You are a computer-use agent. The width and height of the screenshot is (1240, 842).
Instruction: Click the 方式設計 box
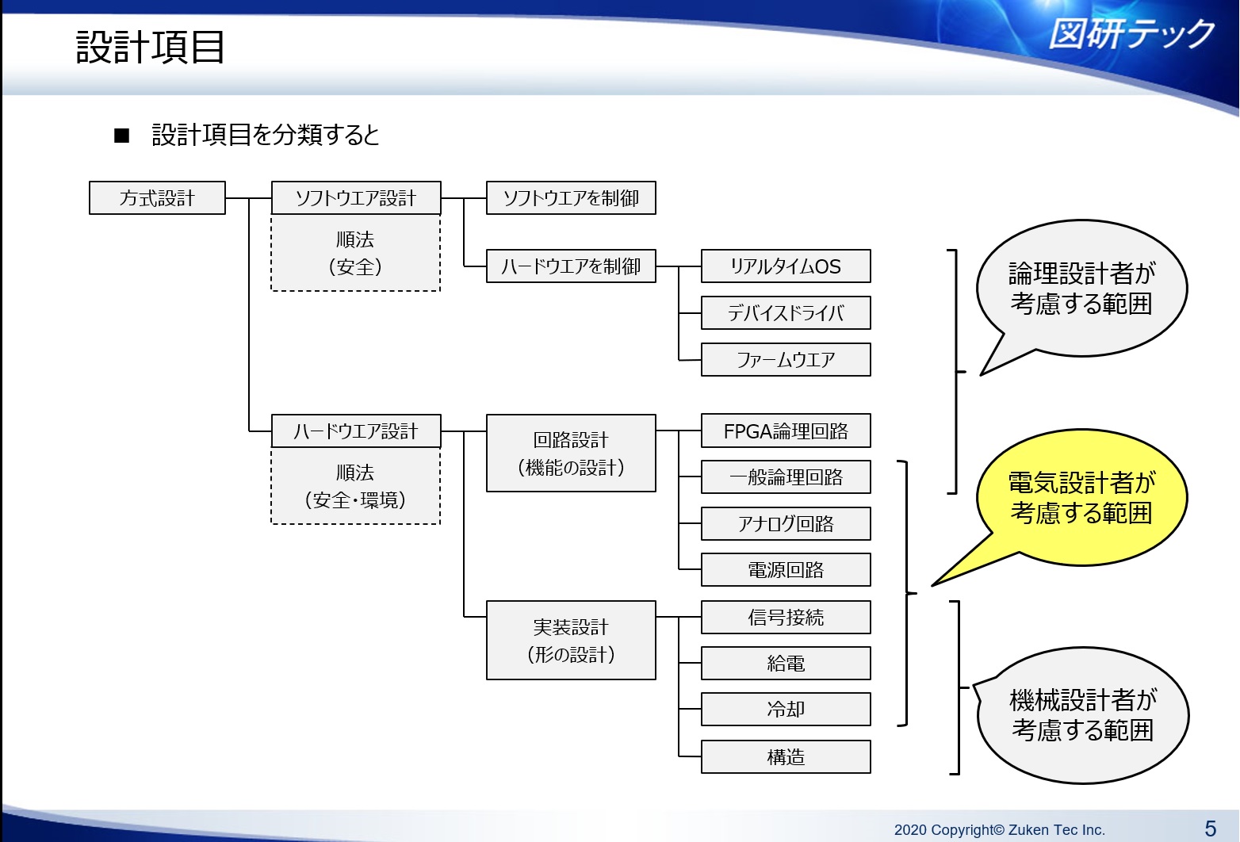coord(157,198)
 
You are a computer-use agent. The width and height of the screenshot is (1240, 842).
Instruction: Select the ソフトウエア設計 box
coord(356,198)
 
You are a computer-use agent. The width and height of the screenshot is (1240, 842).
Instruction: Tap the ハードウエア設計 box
coord(356,431)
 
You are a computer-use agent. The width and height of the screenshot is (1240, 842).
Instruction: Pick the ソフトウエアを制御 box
coord(571,198)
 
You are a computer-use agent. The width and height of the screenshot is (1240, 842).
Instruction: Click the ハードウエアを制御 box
coord(571,266)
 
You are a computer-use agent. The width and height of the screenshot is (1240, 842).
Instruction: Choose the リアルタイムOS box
coord(786,266)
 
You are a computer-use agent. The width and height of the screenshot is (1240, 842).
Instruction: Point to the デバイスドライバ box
coord(786,313)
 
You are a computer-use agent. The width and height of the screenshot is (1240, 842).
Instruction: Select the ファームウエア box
coord(786,360)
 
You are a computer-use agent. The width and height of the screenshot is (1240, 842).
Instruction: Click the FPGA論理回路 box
coord(786,431)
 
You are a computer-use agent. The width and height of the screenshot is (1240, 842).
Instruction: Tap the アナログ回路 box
coord(786,524)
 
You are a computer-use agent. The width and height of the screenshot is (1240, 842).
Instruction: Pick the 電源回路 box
coord(786,570)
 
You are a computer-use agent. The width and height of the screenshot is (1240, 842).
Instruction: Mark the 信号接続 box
coord(786,618)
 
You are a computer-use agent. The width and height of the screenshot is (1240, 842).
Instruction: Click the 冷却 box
coord(786,710)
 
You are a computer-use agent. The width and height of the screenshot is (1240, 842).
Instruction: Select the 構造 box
coord(786,757)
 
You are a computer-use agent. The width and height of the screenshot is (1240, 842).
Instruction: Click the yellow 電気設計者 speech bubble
coord(1081,498)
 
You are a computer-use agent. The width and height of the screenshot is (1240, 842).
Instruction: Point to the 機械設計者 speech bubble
coord(1083,715)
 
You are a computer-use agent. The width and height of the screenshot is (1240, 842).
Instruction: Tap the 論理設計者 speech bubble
coord(1081,289)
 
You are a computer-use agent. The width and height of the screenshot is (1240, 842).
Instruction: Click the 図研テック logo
coord(1131,34)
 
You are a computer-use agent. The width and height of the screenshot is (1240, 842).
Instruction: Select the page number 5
coord(1210,829)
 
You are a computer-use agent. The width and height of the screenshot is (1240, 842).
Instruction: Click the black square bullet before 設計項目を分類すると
coord(122,136)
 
